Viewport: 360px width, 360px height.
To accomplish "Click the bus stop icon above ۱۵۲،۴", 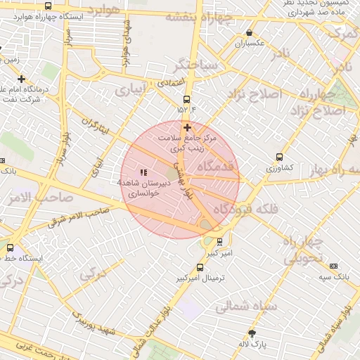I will pyautogui.click(x=186, y=99).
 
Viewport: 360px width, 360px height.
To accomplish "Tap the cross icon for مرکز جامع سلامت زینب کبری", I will pyautogui.click(x=187, y=127).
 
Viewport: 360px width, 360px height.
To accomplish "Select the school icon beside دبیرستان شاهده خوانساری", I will pyautogui.click(x=144, y=172).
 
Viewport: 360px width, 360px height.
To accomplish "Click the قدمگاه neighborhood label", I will pyautogui.click(x=215, y=166).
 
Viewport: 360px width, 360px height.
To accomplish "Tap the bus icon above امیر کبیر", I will pyautogui.click(x=220, y=242).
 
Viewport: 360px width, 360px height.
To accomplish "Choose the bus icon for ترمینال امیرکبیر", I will pyautogui.click(x=200, y=267).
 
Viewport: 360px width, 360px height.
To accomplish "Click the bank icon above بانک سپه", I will pyautogui.click(x=333, y=266).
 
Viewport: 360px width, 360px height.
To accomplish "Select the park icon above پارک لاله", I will pyautogui.click(x=252, y=333).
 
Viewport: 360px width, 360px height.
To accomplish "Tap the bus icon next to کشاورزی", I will pyautogui.click(x=280, y=157).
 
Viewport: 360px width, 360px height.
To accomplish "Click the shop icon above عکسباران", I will pyautogui.click(x=249, y=32).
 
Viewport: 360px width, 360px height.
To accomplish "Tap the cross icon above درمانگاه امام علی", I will pyautogui.click(x=22, y=79).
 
